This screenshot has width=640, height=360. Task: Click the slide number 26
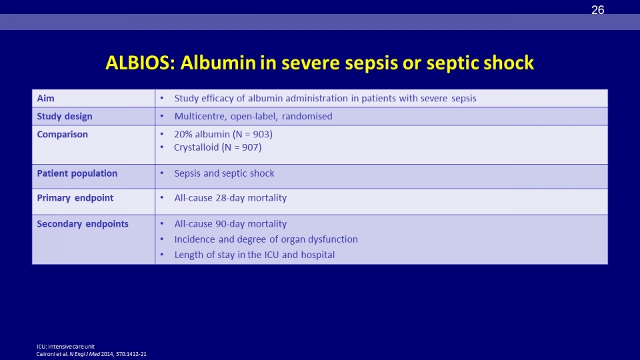point(597,10)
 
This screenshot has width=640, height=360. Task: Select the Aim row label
point(45,99)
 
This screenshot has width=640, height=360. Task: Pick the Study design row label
point(65,117)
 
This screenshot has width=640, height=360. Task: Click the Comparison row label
point(62,135)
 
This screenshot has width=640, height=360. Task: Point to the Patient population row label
point(77,173)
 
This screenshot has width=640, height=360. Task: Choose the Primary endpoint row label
point(75,198)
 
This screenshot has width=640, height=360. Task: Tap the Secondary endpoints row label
point(83,224)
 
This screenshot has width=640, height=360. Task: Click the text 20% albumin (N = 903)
point(223,134)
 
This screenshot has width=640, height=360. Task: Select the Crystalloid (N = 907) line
point(217,147)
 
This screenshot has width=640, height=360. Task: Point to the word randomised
point(307,116)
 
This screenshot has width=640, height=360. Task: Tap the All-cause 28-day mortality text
point(231,198)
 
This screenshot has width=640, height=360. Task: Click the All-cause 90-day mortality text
point(231,224)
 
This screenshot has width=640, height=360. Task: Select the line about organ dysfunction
point(266,239)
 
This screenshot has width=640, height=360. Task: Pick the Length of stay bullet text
point(254,255)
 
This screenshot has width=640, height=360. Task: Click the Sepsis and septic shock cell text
point(224,173)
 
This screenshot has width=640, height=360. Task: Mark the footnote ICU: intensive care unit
point(65,347)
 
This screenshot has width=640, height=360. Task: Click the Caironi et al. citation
point(91,354)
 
